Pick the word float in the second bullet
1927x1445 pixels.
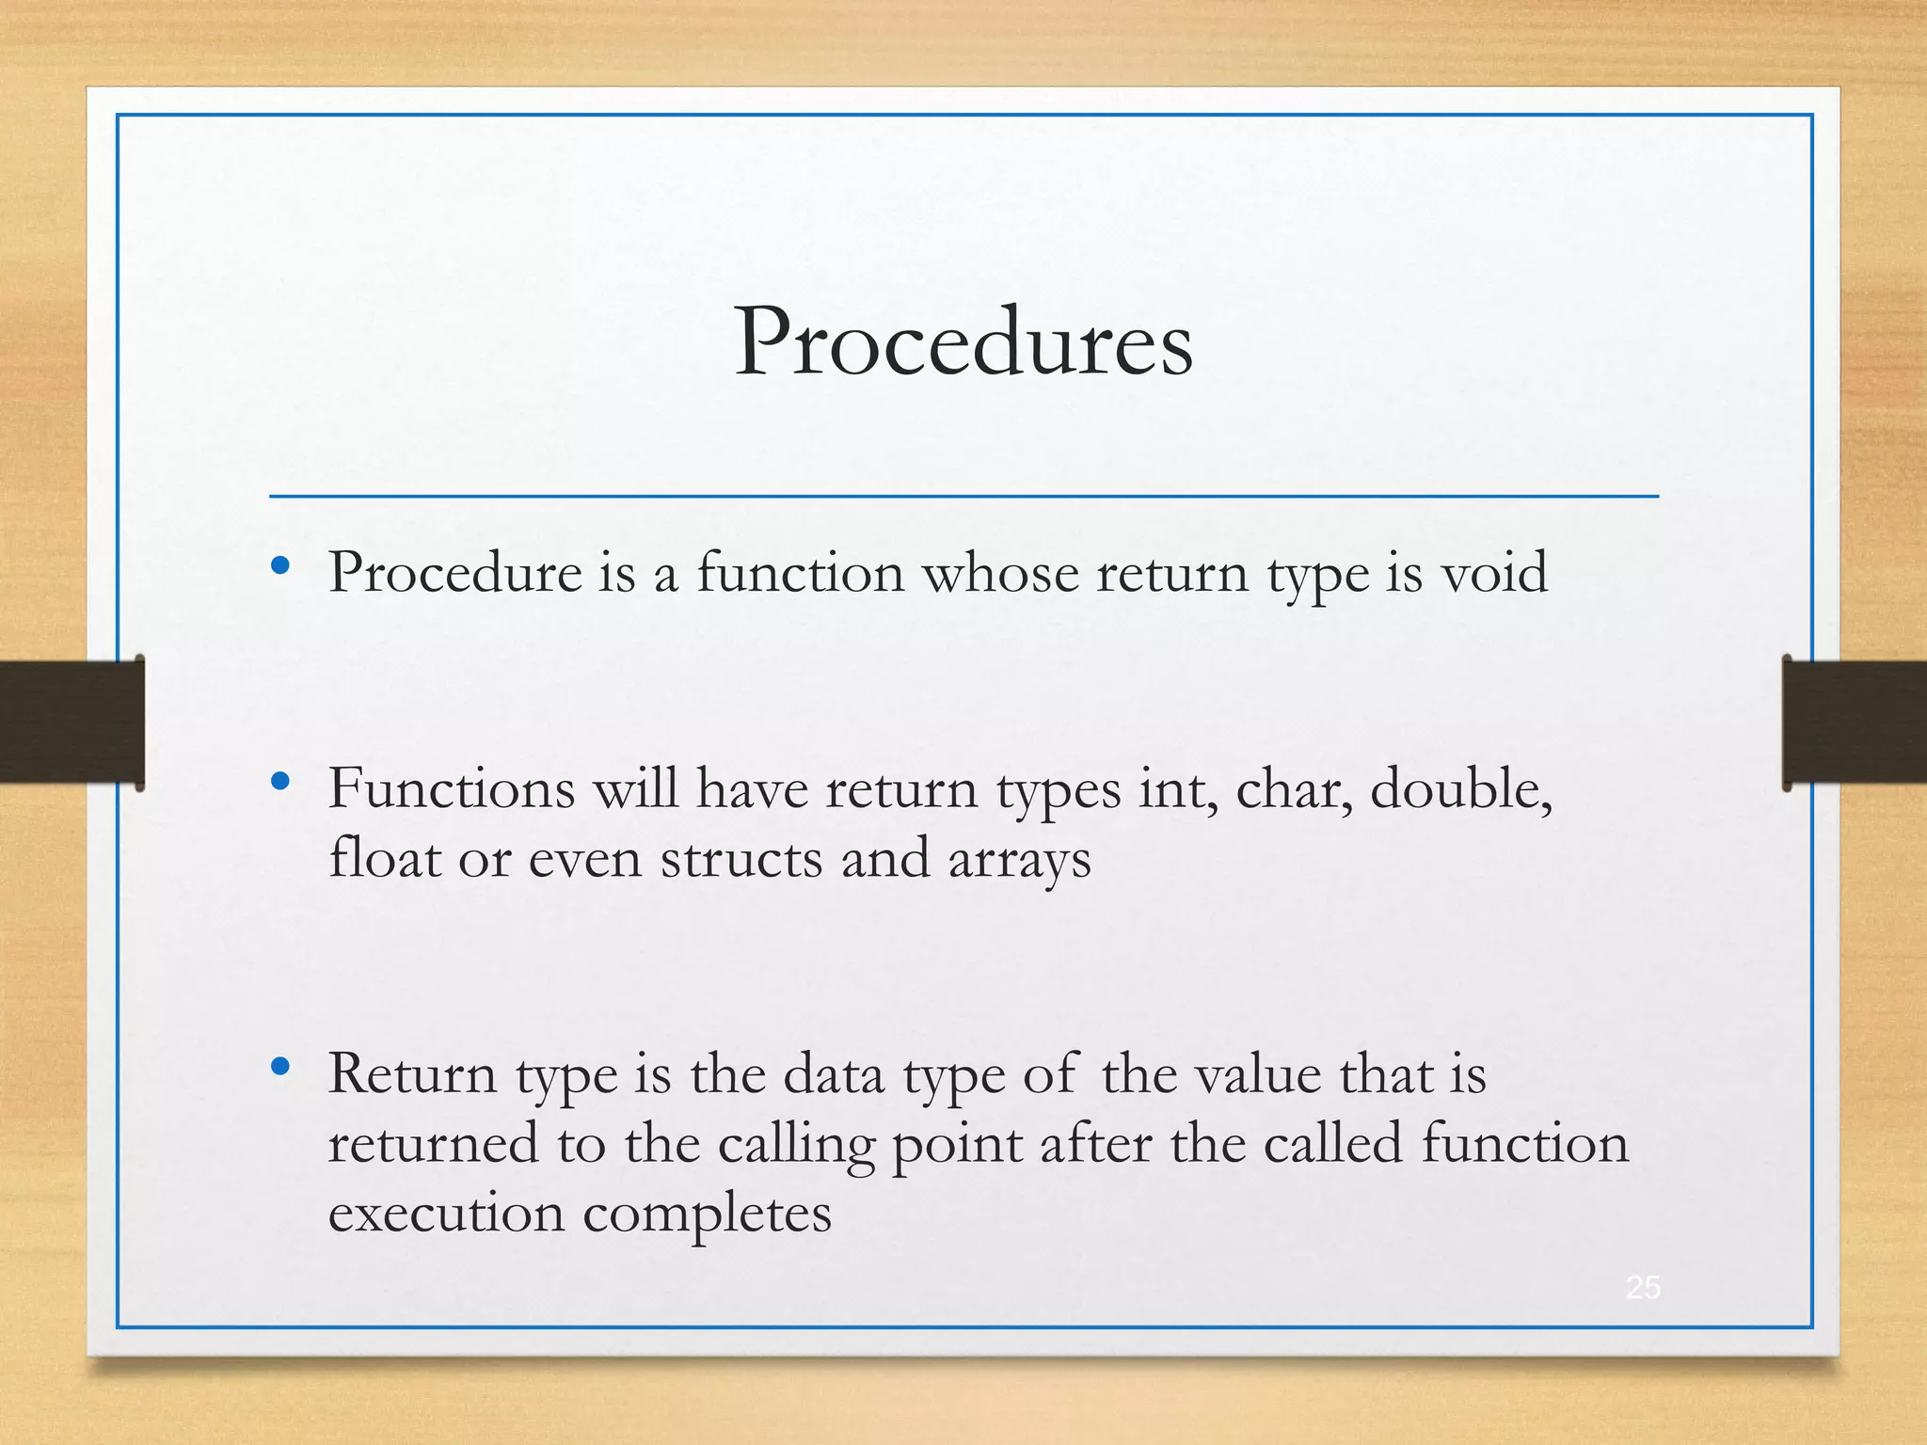(385, 858)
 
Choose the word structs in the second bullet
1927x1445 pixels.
(741, 858)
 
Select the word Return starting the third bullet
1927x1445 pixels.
(412, 1073)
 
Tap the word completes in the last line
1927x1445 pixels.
(707, 1215)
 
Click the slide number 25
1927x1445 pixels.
(1643, 1287)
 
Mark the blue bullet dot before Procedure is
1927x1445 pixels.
(279, 565)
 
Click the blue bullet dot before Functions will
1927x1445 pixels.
(279, 781)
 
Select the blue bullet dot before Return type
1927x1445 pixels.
(279, 1066)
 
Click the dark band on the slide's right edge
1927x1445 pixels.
(1855, 722)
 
